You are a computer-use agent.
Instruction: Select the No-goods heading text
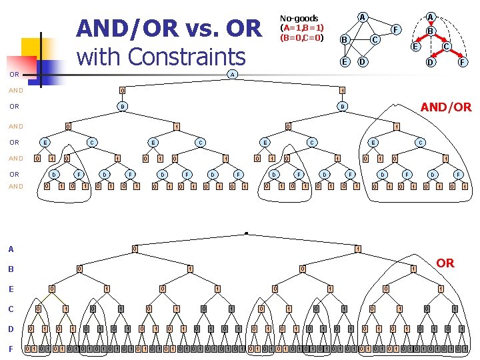[299, 18]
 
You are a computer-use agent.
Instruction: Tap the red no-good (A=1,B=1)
[302, 28]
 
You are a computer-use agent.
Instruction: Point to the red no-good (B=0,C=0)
[302, 37]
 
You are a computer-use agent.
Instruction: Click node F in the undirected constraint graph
[396, 29]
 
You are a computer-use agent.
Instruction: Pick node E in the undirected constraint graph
[345, 61]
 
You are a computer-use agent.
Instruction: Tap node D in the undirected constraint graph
[362, 62]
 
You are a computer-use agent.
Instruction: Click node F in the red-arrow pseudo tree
[461, 63]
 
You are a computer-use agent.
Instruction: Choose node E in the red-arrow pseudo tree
[415, 47]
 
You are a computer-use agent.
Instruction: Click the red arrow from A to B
[431, 24]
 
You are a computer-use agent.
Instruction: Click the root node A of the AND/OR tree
[231, 74]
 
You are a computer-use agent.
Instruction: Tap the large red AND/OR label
[445, 107]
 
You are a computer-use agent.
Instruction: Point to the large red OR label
[445, 263]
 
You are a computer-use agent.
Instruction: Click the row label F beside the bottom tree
[10, 349]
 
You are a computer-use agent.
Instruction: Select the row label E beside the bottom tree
[10, 289]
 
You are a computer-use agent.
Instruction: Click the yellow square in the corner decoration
[31, 49]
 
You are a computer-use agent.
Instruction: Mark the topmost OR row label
[14, 74]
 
